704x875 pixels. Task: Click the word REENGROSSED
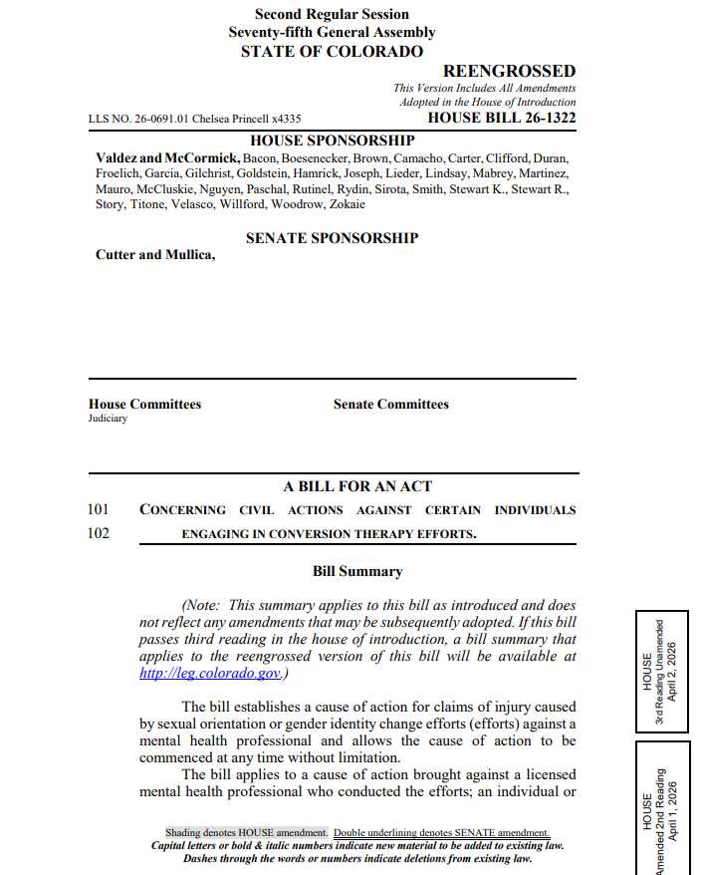tap(509, 71)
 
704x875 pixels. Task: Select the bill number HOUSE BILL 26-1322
tap(501, 118)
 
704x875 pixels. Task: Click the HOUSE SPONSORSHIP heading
tap(332, 141)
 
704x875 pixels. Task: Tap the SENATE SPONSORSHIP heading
tap(332, 238)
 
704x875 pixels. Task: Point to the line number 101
tap(99, 509)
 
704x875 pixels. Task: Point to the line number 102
tap(99, 533)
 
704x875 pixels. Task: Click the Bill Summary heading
tap(357, 572)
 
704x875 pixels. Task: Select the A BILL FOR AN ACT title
tap(357, 486)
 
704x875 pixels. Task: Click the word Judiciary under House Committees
tap(108, 419)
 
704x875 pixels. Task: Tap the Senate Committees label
tap(390, 405)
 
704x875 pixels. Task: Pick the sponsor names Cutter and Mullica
tap(154, 255)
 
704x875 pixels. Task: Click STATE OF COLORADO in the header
tap(332, 51)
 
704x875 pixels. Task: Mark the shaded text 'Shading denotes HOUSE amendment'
tap(246, 832)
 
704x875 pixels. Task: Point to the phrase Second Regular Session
tap(332, 14)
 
